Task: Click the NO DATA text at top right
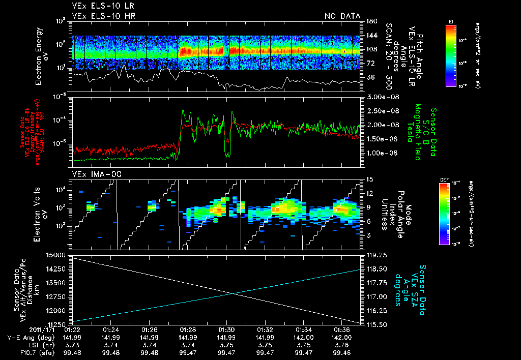point(342,16)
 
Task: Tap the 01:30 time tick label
point(226,329)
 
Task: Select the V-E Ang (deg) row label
point(31,337)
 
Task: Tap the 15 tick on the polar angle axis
point(368,179)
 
